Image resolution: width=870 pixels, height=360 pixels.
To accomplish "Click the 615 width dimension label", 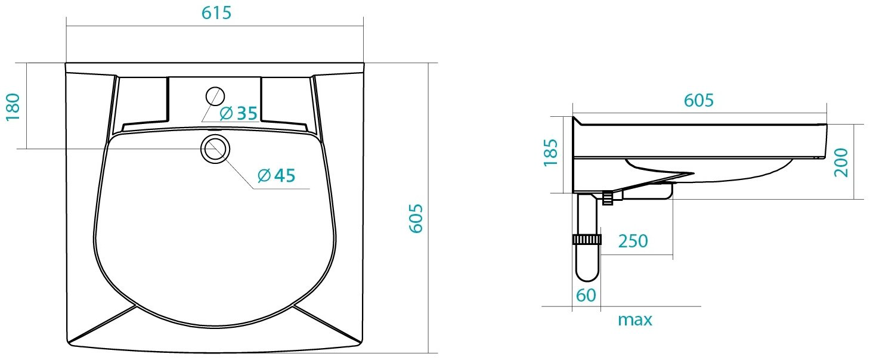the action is click(x=216, y=13).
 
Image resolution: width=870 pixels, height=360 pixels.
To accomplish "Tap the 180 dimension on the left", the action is click(x=13, y=107).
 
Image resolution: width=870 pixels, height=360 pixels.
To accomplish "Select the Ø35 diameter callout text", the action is click(x=239, y=113).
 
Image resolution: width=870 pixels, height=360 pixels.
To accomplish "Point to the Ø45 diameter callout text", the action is click(x=277, y=176).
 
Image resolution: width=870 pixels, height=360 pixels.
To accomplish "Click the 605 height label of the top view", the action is click(x=416, y=218).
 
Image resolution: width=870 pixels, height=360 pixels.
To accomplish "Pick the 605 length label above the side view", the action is click(x=699, y=101).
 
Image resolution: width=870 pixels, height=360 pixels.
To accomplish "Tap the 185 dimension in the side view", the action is click(x=551, y=153).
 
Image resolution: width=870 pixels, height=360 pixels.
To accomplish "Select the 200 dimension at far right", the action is click(x=841, y=162).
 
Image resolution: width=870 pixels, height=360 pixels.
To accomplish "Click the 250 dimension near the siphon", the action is click(x=633, y=241).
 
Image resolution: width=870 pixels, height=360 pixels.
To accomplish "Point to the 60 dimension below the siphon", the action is click(x=586, y=296).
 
